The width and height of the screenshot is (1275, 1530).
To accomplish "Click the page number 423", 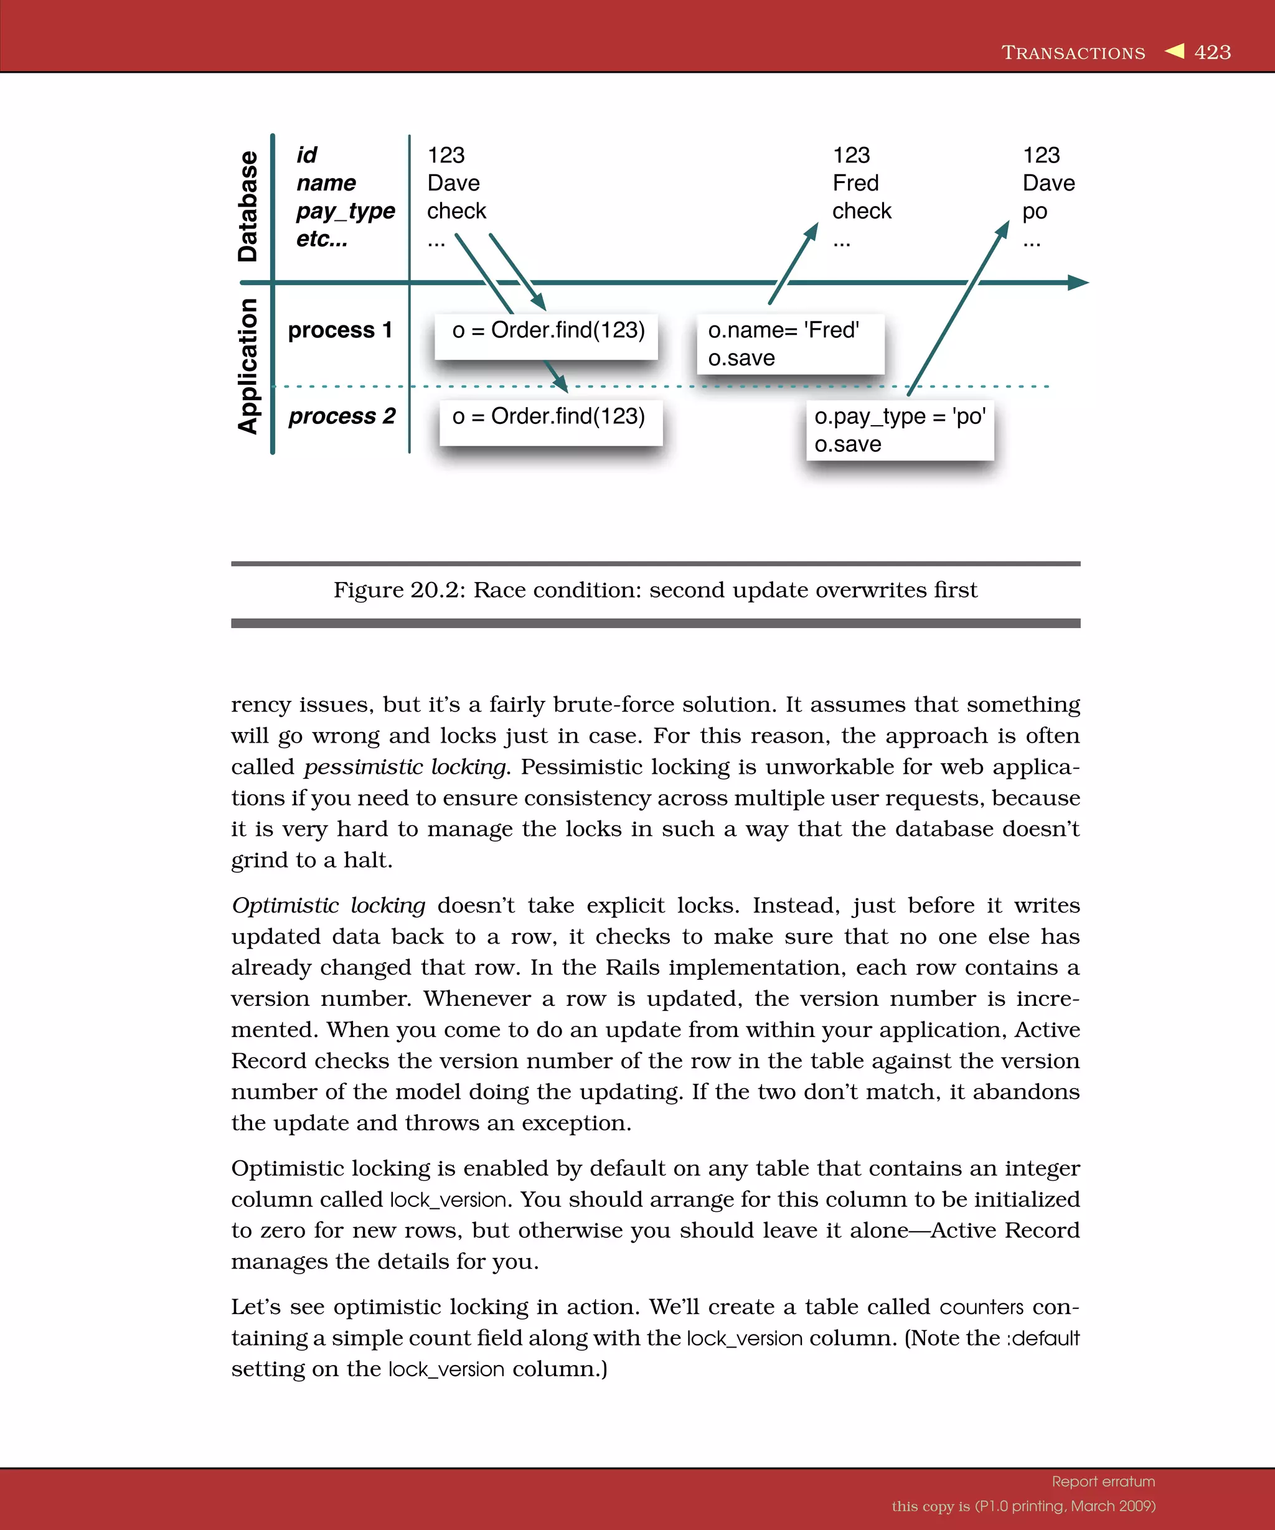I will pos(1212,52).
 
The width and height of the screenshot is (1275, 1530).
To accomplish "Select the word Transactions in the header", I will pos(1073,52).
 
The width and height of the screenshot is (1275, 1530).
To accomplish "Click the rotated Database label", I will pos(248,206).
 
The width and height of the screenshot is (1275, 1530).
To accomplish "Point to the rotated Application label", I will pos(248,366).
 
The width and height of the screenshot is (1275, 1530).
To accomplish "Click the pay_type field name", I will pos(346,211).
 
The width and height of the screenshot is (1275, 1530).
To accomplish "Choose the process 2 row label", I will pos(342,416).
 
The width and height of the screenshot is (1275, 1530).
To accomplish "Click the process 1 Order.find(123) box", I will pos(547,336).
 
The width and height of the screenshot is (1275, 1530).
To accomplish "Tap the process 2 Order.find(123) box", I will pos(551,422).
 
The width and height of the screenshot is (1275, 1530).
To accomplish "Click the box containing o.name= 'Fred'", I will pos(791,344).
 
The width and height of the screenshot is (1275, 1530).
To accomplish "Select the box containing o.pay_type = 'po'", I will pos(900,430).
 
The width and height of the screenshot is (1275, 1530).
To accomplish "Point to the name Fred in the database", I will pos(855,183).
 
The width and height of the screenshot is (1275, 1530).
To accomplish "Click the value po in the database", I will pos(1035,211).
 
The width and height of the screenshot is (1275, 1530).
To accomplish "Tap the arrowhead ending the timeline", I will pos(1078,283).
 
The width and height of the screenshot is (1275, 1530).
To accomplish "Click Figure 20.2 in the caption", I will pos(398,589).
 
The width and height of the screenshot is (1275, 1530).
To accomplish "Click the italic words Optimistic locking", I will pos(329,905).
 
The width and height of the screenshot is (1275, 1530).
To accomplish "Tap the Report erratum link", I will pos(1103,1481).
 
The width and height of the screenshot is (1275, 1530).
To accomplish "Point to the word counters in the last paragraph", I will pos(981,1307).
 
